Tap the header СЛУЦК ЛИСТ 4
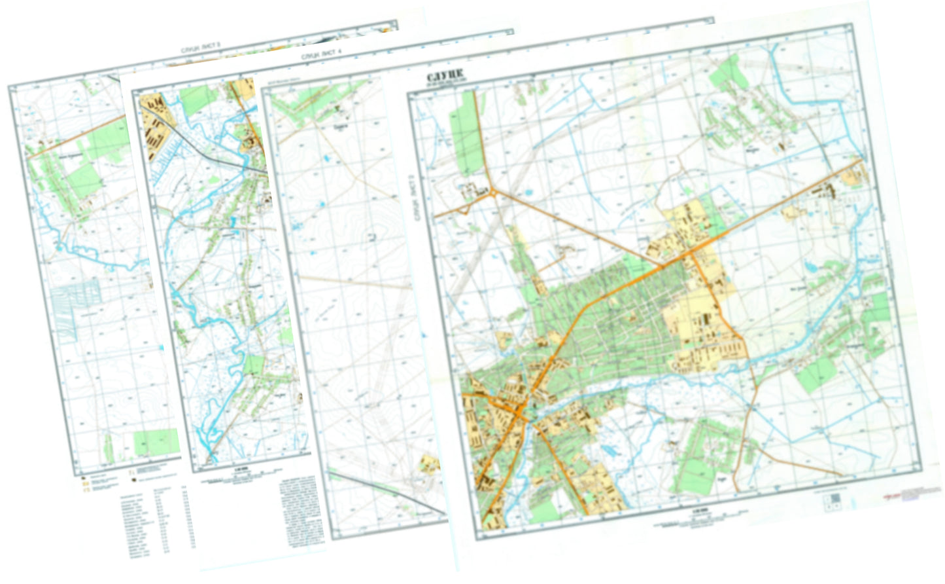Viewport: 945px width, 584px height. tap(321, 55)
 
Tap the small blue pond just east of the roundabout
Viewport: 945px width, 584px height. tap(526, 193)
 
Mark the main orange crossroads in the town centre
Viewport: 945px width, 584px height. tap(520, 411)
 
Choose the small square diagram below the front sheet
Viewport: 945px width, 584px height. tap(834, 501)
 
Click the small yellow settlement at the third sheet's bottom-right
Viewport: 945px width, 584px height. tap(430, 465)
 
